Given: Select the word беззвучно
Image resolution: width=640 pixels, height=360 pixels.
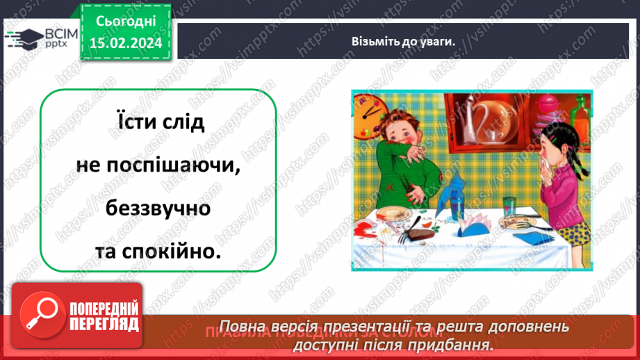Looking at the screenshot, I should pyautogui.click(x=158, y=208).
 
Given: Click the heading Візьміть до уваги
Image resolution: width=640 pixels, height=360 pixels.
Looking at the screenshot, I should pyautogui.click(x=403, y=41).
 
